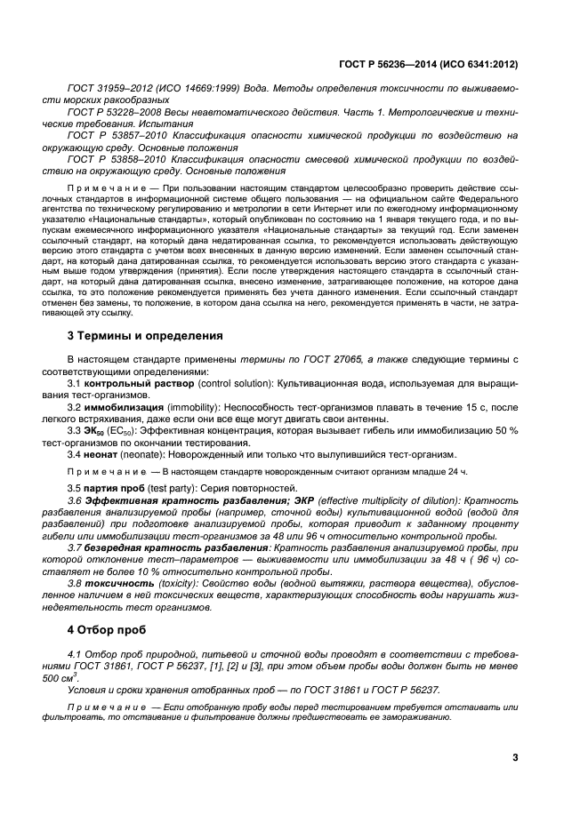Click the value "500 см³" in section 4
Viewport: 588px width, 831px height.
point(83,677)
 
